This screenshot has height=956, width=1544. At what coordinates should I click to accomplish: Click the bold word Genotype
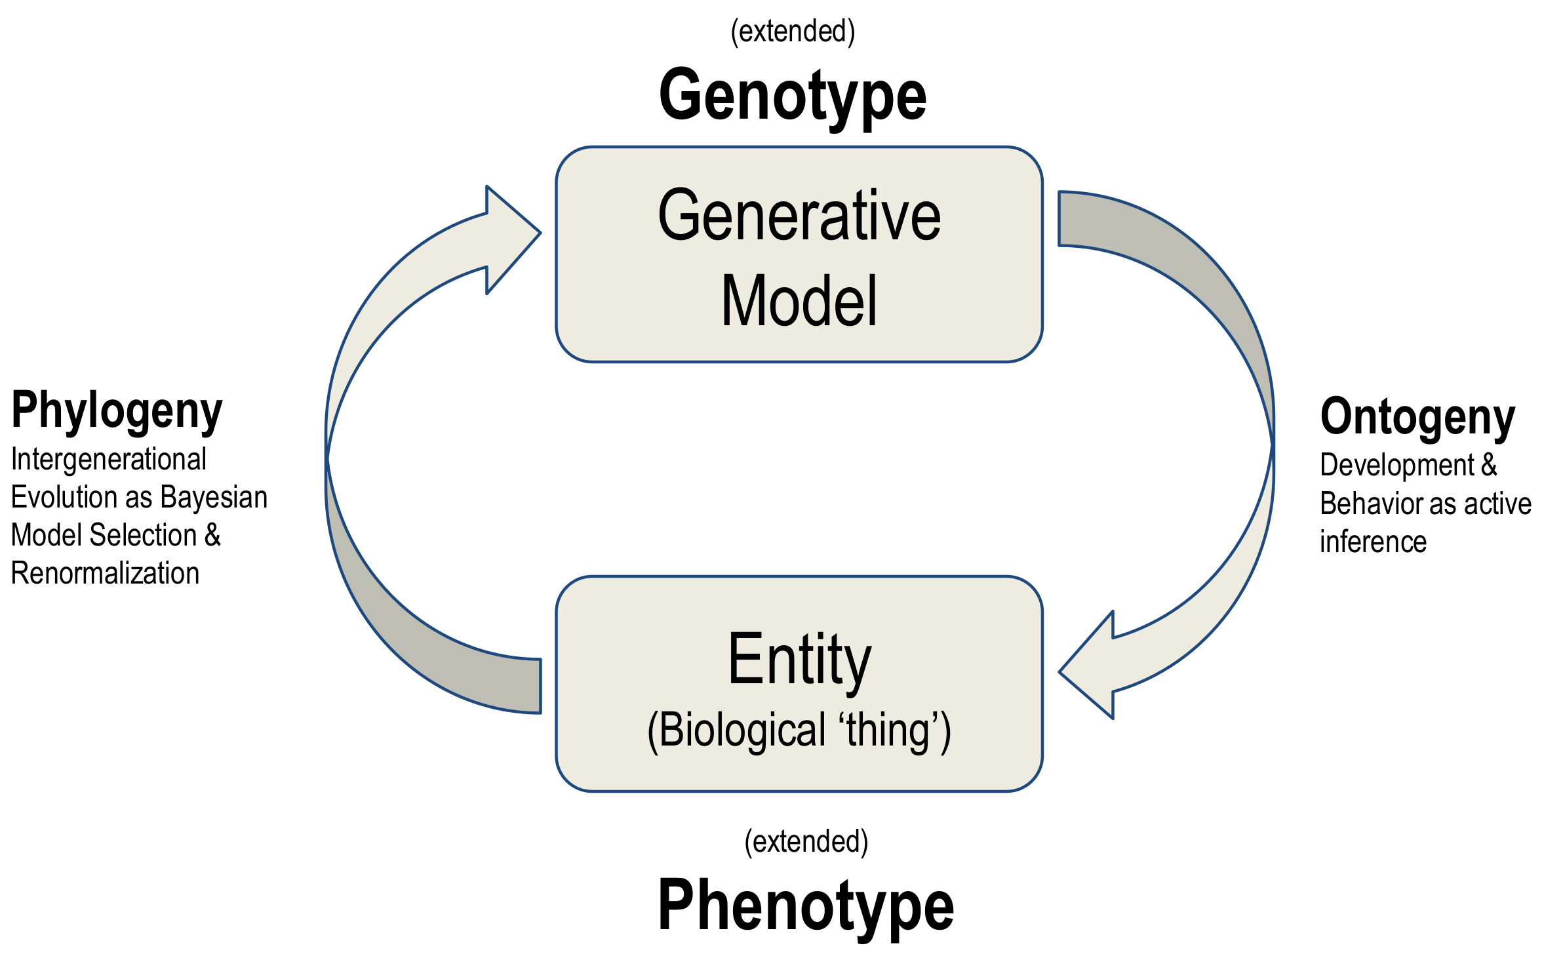click(792, 96)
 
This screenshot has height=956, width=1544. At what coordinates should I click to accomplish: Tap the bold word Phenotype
click(805, 906)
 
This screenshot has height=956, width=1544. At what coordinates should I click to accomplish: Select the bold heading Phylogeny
click(117, 411)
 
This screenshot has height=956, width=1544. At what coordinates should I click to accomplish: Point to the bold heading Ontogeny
click(1417, 417)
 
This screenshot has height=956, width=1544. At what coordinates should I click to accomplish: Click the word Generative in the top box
click(799, 216)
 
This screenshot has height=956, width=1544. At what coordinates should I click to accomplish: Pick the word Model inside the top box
click(799, 301)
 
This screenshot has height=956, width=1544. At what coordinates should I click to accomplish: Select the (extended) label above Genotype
click(793, 31)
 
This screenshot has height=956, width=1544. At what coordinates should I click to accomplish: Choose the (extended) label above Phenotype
click(806, 841)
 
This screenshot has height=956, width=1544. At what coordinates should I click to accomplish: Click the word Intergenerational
click(109, 459)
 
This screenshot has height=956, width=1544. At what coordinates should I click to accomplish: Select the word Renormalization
click(105, 573)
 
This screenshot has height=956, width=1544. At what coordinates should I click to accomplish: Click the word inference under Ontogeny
click(1373, 542)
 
